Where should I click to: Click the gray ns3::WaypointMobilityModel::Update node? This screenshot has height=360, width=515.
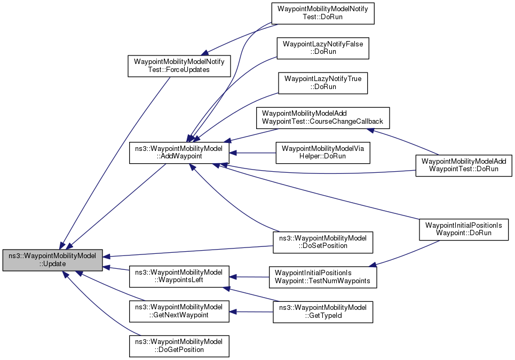click(x=52, y=260)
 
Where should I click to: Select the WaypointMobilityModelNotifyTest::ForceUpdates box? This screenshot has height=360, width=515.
click(x=179, y=66)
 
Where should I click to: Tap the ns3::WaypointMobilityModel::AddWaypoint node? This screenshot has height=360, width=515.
click(x=179, y=153)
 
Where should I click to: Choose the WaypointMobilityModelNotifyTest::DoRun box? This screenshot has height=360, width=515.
click(x=322, y=13)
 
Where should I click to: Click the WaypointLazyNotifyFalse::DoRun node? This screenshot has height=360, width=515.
click(x=322, y=48)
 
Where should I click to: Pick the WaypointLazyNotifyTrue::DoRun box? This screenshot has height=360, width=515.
click(x=322, y=83)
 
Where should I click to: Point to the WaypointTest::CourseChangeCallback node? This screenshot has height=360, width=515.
click(x=323, y=118)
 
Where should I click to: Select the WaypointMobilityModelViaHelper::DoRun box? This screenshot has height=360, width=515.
click(x=322, y=153)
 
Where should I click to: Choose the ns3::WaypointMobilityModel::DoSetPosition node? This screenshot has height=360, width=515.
click(x=322, y=242)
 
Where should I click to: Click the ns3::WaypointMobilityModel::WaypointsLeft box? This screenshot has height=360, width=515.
click(x=179, y=277)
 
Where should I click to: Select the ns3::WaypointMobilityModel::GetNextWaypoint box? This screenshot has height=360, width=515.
click(x=179, y=311)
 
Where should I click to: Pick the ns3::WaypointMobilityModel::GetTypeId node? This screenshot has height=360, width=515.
click(x=322, y=311)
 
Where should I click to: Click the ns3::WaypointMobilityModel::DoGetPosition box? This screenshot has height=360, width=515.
click(x=179, y=346)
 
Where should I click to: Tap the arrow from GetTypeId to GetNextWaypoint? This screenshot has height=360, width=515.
click(x=251, y=311)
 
